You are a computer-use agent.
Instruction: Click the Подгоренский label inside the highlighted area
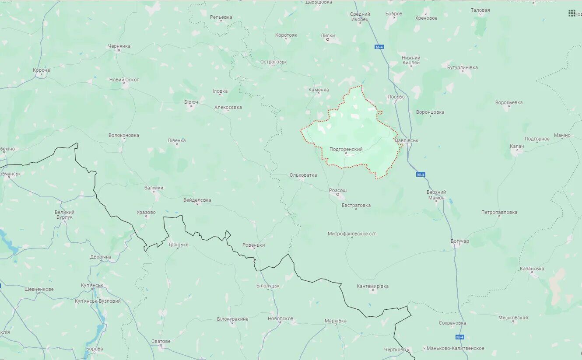coord(346,149)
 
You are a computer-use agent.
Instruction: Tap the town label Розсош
coord(338,190)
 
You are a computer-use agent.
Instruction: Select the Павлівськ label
coord(406,140)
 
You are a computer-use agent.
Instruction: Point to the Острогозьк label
coord(273,62)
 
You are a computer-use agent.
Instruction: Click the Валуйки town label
coord(154,188)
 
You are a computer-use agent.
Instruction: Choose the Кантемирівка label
coord(372,286)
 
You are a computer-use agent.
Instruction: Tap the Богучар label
coord(459,241)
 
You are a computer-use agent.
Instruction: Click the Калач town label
coord(516,146)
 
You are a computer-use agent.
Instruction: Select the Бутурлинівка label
coord(462,67)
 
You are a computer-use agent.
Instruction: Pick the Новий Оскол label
coord(124,80)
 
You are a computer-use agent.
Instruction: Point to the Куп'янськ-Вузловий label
coord(98,301)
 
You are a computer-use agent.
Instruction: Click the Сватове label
coord(161,341)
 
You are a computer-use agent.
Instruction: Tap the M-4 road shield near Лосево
coord(379,47)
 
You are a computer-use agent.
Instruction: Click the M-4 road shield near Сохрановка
coord(459,337)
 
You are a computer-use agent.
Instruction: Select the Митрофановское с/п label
coord(352,234)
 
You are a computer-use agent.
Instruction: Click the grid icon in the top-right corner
coord(571,13)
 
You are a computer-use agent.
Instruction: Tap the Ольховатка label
coord(303,175)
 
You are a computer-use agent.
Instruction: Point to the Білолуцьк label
coord(268,286)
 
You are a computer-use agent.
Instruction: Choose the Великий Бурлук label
coord(64,214)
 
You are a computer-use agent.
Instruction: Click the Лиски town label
coord(327,35)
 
